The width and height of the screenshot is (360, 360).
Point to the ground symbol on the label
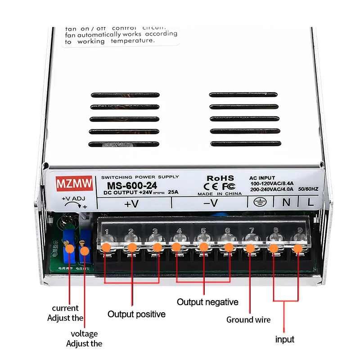tap(256, 202)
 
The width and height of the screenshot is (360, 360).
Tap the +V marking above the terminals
tap(131, 204)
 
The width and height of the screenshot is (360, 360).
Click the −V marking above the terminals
tap(210, 203)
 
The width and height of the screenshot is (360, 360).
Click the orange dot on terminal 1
tap(107, 247)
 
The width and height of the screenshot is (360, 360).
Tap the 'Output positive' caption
tap(136, 314)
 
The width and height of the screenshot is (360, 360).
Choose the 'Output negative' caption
tap(207, 302)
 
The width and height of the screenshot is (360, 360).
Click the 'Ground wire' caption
tap(248, 320)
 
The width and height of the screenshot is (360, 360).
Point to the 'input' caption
tap(285, 339)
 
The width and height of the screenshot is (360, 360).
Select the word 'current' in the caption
tap(65, 308)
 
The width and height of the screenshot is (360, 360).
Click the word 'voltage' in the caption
tap(84, 334)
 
